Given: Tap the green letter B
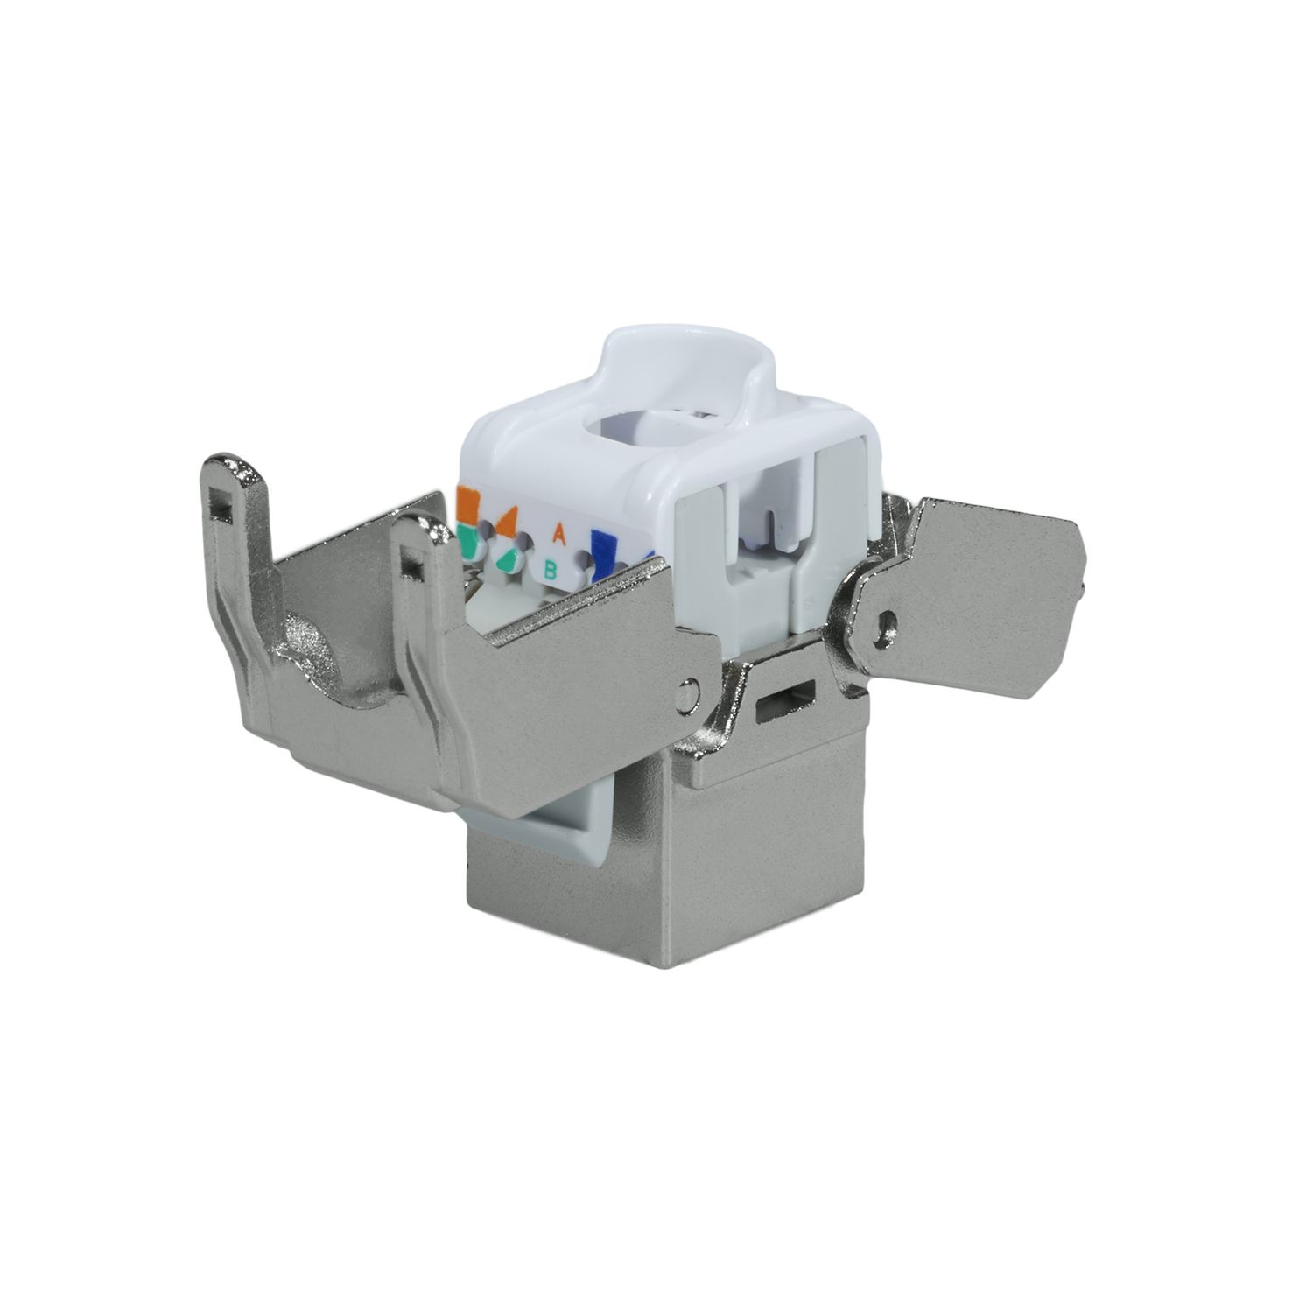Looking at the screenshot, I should [551, 571].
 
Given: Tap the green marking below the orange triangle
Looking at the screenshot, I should [509, 559].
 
